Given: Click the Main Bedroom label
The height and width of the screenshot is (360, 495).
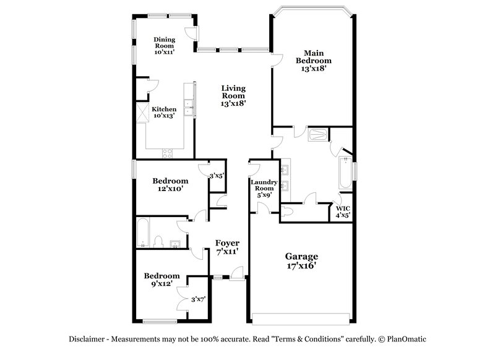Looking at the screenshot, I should [x=313, y=61].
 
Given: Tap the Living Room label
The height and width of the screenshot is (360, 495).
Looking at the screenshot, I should [x=234, y=96].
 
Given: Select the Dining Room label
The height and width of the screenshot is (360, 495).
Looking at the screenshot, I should [x=165, y=46].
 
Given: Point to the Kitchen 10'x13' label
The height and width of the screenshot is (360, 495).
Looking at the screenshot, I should [x=165, y=112].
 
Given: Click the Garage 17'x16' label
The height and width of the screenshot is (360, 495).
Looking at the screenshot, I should [x=301, y=260].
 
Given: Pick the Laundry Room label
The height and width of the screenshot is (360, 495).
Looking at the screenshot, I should [x=262, y=188].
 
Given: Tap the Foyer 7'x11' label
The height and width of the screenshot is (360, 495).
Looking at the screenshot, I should [x=227, y=247].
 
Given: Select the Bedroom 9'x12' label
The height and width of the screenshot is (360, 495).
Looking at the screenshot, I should [x=162, y=280].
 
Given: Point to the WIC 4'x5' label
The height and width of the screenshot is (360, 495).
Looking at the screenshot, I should [x=343, y=212].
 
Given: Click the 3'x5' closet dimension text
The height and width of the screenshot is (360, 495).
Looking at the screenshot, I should [x=216, y=176].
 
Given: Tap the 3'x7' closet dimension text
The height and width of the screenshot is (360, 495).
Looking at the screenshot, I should [x=198, y=299].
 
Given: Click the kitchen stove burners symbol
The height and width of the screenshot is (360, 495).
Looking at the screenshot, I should [x=167, y=152].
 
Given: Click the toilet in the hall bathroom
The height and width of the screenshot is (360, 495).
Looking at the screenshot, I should [x=158, y=241].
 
